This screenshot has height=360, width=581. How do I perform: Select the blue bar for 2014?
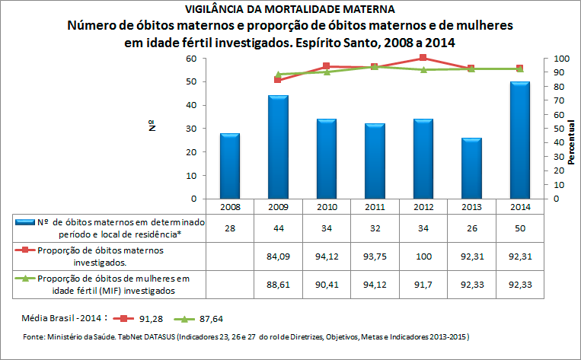519,140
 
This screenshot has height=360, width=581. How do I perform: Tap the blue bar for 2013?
471,168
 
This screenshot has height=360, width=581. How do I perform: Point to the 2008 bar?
229,166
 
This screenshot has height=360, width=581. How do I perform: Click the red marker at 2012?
423,58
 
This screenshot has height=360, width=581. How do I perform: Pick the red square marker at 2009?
278,80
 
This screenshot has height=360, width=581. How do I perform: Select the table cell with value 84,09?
278,255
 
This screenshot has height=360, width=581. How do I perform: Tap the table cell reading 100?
423,255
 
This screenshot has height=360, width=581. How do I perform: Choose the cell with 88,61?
278,283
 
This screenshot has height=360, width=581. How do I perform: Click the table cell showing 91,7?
423,283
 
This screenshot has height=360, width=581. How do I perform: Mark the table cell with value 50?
519,228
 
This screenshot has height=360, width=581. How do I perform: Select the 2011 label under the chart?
375,206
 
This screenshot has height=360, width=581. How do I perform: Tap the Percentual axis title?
570,138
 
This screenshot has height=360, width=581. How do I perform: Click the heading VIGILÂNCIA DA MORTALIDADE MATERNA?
290,10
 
